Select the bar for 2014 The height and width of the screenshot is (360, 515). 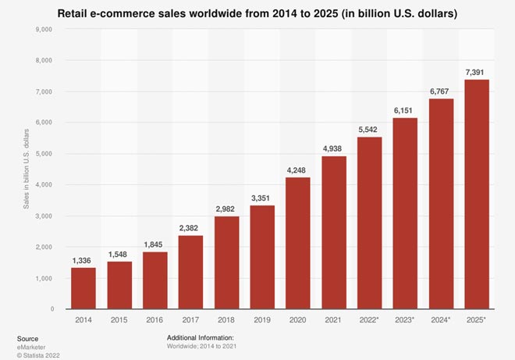tap(83, 288)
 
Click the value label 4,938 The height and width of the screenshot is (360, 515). tap(333, 148)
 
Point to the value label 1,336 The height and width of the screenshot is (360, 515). tap(83, 259)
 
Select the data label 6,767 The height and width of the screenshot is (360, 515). tap(440, 91)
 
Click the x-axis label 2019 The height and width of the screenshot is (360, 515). tap(262, 321)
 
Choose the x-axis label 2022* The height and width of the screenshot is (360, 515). tap(369, 321)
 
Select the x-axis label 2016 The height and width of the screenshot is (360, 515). tap(154, 321)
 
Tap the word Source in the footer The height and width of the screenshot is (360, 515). tap(27, 337)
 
